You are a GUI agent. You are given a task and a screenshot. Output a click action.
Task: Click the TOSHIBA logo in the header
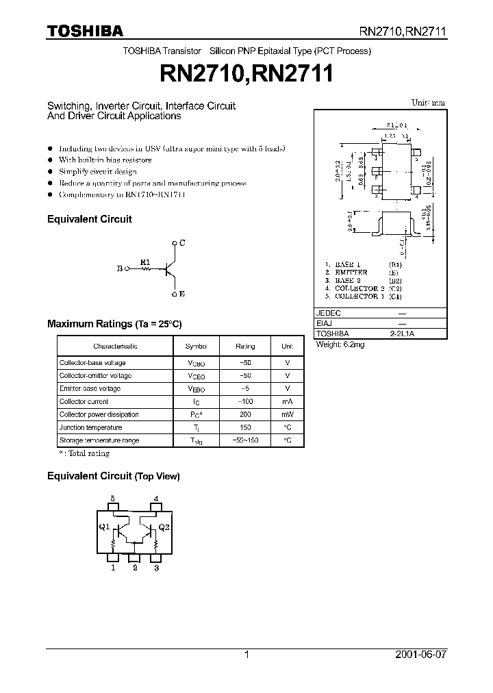tap(85, 31)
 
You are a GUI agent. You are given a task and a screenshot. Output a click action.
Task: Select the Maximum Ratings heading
tap(114, 323)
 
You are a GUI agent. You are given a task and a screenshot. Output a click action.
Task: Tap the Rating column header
tap(244, 346)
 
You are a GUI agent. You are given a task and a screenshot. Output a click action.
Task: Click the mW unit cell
tap(288, 414)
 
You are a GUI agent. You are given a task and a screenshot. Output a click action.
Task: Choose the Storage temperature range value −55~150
tap(244, 440)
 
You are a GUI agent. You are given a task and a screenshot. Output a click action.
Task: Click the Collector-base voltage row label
tap(92, 362)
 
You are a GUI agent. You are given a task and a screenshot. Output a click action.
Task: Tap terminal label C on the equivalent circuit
tap(182, 243)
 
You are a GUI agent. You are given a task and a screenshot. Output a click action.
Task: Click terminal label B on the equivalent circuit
tap(119, 269)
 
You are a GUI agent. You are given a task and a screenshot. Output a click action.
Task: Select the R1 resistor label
tap(144, 262)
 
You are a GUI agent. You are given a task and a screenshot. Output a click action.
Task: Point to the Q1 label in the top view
tap(103, 527)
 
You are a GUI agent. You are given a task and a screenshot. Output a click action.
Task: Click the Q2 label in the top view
tap(164, 527)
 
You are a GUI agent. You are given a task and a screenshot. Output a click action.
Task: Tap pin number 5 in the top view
tap(113, 499)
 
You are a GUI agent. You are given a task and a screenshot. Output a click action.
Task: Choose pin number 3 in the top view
tap(156, 568)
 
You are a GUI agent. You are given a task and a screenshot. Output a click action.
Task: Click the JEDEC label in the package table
tap(328, 312)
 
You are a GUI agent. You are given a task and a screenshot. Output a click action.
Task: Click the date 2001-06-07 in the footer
tap(420, 655)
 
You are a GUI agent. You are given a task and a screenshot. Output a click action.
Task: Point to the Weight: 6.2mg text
tap(340, 345)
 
